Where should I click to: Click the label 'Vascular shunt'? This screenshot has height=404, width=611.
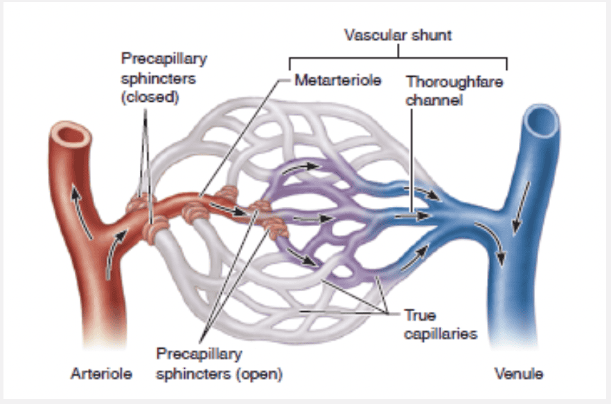(398, 35)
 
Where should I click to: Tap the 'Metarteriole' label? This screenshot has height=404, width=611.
(338, 80)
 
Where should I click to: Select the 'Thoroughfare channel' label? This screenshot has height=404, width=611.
(454, 91)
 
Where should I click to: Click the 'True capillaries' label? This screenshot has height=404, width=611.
(441, 324)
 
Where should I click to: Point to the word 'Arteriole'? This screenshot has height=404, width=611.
(101, 374)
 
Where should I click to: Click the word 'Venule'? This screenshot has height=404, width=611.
(518, 374)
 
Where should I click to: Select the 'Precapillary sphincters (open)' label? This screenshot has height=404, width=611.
(219, 364)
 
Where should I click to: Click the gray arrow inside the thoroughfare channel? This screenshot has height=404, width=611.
(409, 217)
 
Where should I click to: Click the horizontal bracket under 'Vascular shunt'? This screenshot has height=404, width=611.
(398, 56)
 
